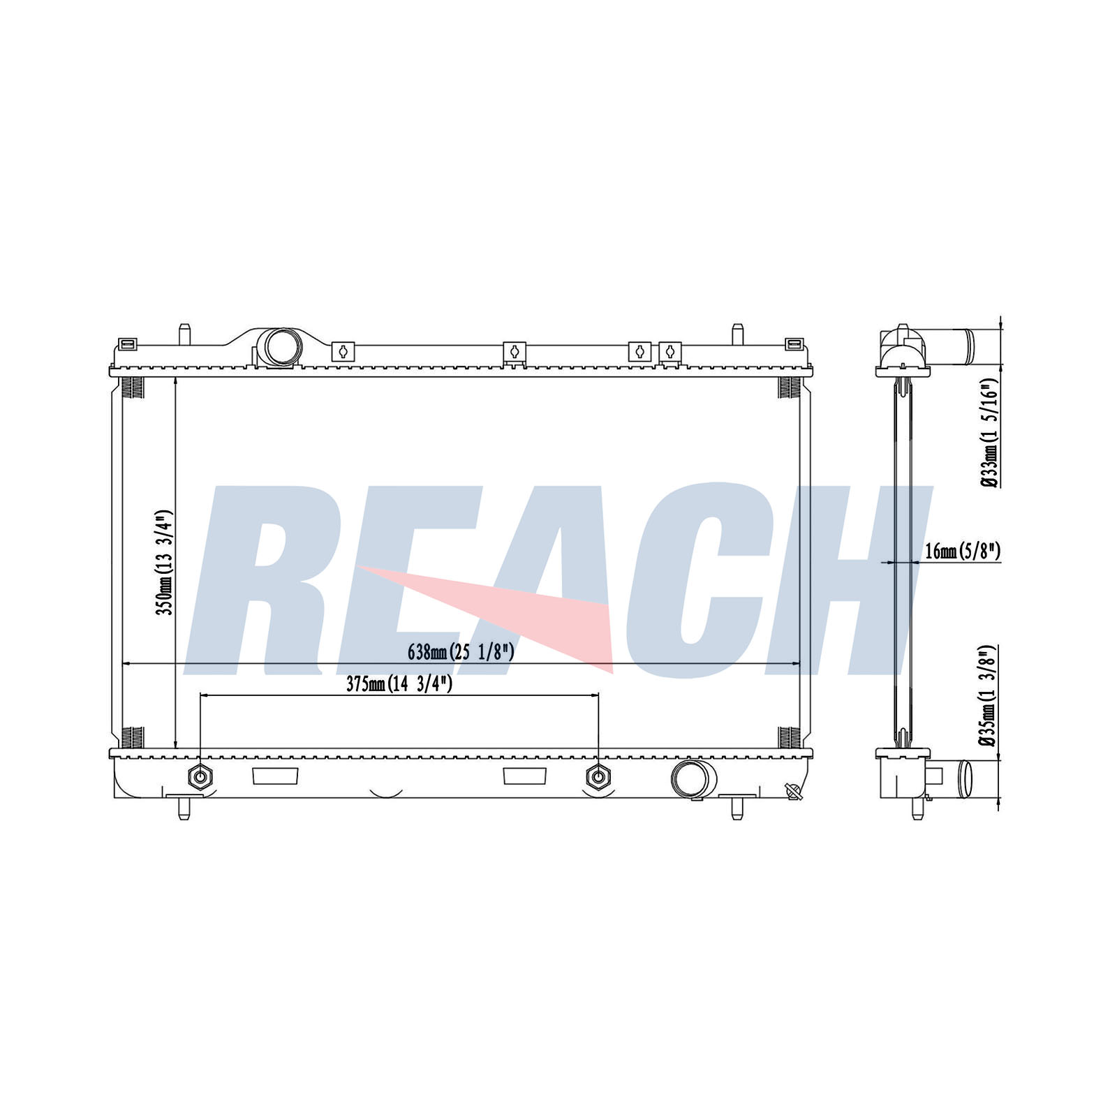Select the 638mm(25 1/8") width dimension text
[461, 652]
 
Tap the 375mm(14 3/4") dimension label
[399, 684]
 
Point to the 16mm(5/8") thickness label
[963, 552]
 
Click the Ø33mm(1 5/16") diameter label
[989, 434]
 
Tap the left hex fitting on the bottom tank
[200, 776]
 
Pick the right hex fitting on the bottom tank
[598, 776]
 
